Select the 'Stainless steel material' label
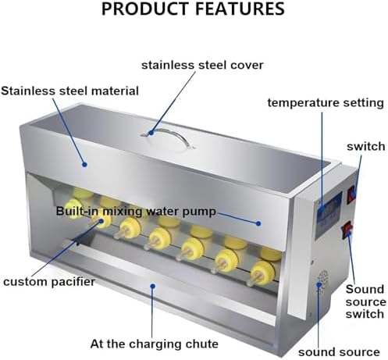coord(70,91)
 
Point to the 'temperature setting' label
coord(326,102)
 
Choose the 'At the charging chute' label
coord(154,343)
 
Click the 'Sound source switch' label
coord(365,301)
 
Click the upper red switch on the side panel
coord(352,192)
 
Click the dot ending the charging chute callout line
coord(153,288)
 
